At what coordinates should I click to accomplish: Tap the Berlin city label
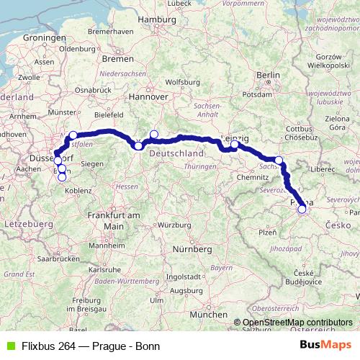pos(267,74)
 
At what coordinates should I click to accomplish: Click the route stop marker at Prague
pos(302,210)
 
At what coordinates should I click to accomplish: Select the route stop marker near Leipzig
pos(234,145)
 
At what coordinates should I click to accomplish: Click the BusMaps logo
pos(325,344)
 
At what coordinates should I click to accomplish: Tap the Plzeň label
pos(267,233)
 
